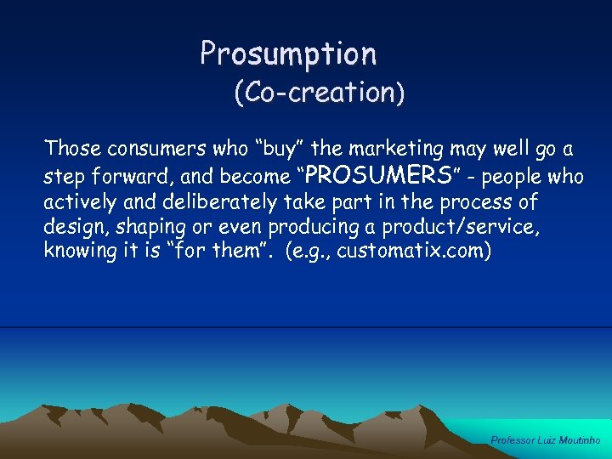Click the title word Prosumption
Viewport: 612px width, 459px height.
[x=288, y=54]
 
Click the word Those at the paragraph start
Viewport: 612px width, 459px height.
[x=72, y=149]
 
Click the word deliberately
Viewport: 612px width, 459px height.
[x=218, y=203]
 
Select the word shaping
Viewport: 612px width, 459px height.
[x=139, y=228]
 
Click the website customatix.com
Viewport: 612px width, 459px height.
[x=414, y=252]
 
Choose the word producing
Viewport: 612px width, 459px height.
[x=323, y=228]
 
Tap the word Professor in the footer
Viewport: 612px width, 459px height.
[x=512, y=440]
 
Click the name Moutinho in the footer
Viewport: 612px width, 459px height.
[x=581, y=440]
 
